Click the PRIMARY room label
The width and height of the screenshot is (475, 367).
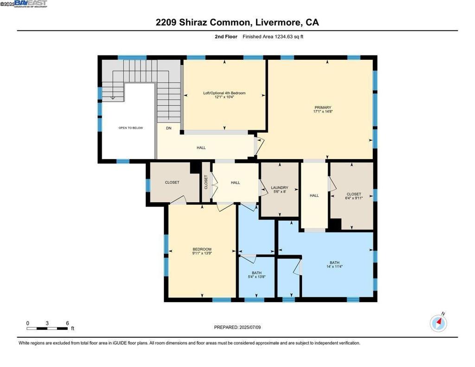click(x=323, y=107)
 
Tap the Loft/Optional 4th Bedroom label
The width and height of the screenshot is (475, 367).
click(x=224, y=93)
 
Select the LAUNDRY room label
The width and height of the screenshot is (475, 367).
click(x=280, y=187)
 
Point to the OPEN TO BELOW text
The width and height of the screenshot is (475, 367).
click(x=130, y=128)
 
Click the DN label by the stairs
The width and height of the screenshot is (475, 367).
click(x=169, y=128)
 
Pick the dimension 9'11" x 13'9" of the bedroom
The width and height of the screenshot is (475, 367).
click(x=202, y=253)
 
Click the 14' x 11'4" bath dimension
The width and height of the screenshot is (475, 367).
click(x=334, y=267)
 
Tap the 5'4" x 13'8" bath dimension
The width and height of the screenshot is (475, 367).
click(x=257, y=277)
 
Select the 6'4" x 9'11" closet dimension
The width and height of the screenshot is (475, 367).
click(x=354, y=198)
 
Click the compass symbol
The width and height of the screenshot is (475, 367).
click(x=438, y=323)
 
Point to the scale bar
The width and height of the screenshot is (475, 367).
click(x=47, y=328)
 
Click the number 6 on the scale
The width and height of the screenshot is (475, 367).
click(x=67, y=323)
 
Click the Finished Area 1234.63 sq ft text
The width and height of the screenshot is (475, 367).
click(x=273, y=37)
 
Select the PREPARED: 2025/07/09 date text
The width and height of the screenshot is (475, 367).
click(x=237, y=327)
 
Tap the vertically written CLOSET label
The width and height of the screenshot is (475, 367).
click(x=206, y=182)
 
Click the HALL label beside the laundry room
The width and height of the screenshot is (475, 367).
click(x=314, y=195)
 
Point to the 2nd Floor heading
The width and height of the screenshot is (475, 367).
click(x=226, y=37)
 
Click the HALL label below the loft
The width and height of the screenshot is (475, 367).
click(x=201, y=148)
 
